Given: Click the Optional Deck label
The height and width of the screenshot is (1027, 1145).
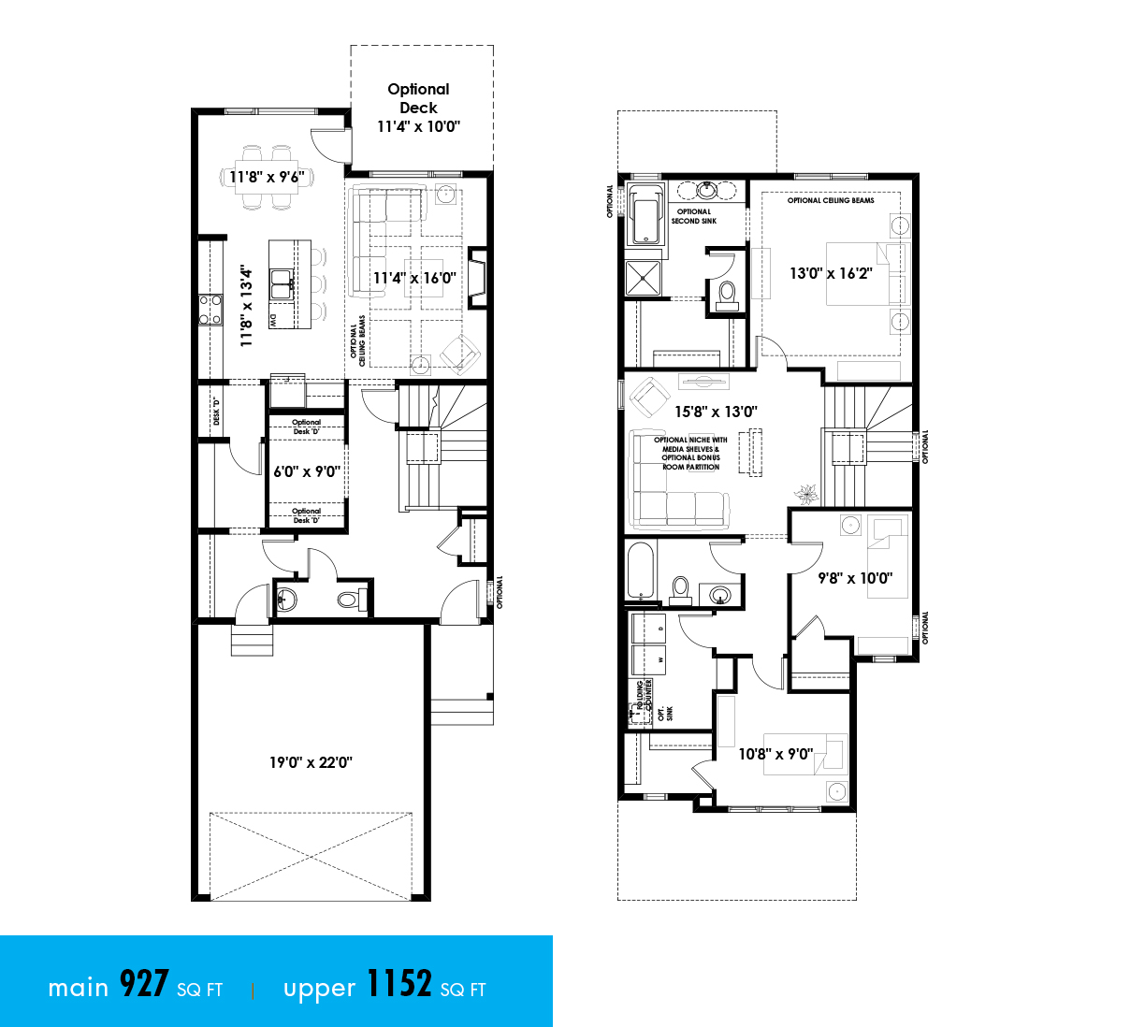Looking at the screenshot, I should (418, 98).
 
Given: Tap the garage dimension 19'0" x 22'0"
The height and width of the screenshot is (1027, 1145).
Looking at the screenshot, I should (311, 762).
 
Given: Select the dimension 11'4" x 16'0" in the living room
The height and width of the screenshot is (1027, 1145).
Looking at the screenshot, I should (414, 278).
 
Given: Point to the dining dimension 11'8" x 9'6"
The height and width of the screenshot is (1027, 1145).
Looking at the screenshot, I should (267, 177).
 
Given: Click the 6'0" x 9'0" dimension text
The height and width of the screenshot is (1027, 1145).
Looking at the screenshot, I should (306, 471).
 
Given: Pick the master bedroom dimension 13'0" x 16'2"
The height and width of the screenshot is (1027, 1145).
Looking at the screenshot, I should (831, 273).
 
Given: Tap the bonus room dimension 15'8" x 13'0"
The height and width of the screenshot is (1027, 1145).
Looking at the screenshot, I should (716, 412).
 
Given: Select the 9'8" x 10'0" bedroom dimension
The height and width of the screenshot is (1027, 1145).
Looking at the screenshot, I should (855, 578).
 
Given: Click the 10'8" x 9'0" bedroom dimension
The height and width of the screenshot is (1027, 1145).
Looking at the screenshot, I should (775, 754).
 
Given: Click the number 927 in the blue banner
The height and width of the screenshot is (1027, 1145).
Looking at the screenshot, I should (144, 985).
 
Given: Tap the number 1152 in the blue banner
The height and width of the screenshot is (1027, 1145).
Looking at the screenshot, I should (399, 985).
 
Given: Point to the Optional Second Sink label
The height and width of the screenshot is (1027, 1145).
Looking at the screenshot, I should (693, 216).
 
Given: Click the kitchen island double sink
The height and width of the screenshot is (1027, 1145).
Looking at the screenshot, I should (282, 282).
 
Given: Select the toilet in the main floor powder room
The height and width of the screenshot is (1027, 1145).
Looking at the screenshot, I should (351, 600).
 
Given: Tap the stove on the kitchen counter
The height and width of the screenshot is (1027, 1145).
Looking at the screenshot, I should (210, 308).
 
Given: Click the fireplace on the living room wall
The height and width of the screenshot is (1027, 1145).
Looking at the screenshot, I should (478, 278).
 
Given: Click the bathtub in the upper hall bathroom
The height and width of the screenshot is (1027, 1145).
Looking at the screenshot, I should (641, 571).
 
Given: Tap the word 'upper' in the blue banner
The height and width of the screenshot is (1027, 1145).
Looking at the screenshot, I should (319, 989).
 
